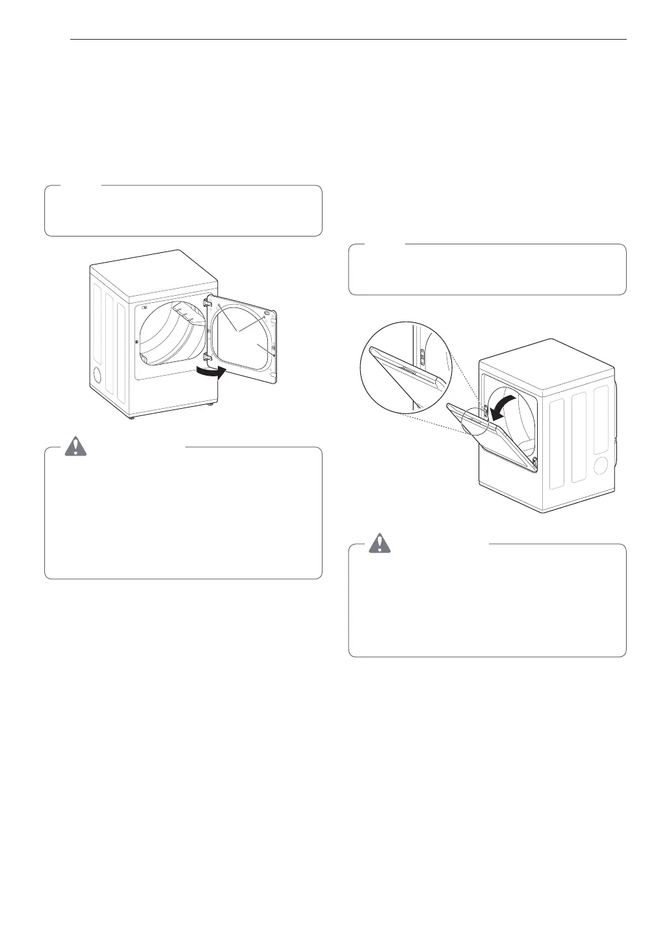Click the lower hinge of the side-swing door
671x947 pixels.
pos(209,356)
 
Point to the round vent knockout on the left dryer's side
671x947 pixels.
pos(98,375)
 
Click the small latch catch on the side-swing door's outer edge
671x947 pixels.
pos(276,355)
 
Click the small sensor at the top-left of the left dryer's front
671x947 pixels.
pos(144,307)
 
